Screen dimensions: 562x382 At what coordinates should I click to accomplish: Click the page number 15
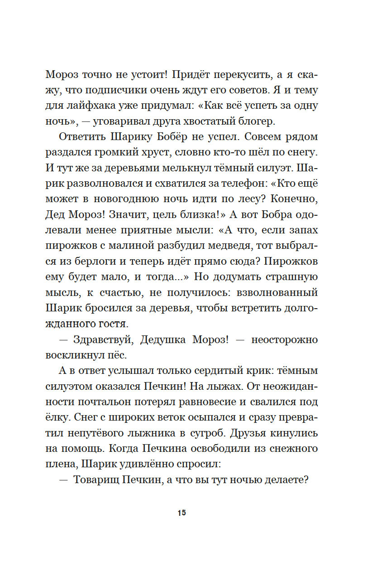(182, 513)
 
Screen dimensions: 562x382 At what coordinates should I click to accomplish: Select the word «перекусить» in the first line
(244, 75)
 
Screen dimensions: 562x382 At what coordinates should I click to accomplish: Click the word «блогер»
(258, 123)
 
